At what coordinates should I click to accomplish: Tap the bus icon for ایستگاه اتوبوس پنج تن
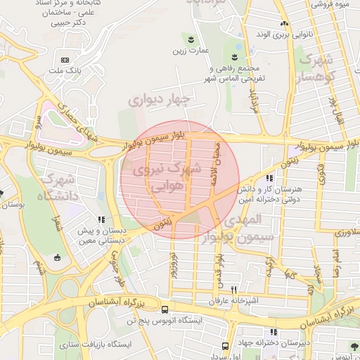tap(165, 309)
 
